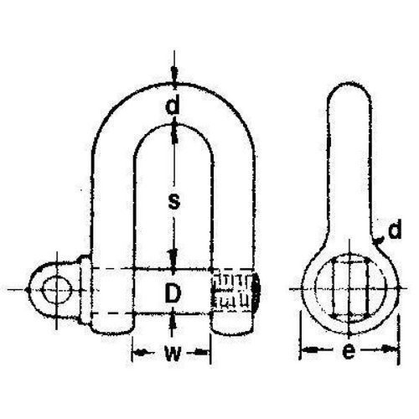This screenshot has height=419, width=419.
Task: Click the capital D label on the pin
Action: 171,292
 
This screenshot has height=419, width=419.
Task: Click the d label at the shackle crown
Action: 171,106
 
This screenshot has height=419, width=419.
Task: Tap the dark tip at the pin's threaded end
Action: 256,291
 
